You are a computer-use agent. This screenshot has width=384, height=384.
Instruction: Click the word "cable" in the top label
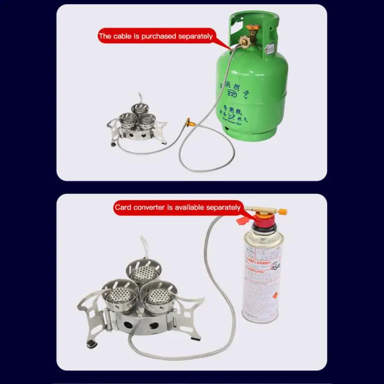click(125, 36)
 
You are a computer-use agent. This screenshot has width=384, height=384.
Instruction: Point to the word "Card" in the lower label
click(122, 208)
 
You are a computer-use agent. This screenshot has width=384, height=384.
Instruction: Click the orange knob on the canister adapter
click(282, 211)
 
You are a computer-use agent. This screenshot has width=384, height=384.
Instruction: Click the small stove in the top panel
click(136, 124)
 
